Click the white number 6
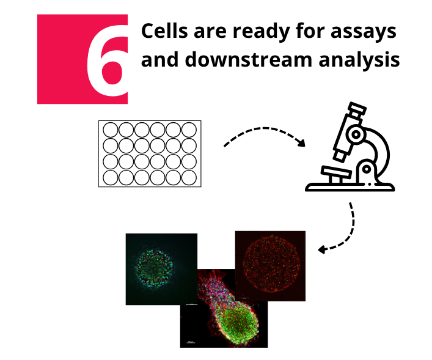pos(108,61)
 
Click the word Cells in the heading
pos(164,31)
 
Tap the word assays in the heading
pos(364,32)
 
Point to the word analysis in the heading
pos(359,60)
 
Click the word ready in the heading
pos(261,32)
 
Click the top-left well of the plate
pos(111,130)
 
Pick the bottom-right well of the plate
pos(189,177)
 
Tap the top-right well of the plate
pos(189,130)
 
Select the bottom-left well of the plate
pos(111,177)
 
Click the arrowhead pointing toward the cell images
pos(322,249)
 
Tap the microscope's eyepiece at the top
pos(357,109)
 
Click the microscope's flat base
pos(350,187)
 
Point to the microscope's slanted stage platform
pos(336,172)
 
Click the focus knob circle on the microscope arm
pos(356,134)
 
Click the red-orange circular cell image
pos(270,266)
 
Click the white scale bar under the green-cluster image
pos(192,304)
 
